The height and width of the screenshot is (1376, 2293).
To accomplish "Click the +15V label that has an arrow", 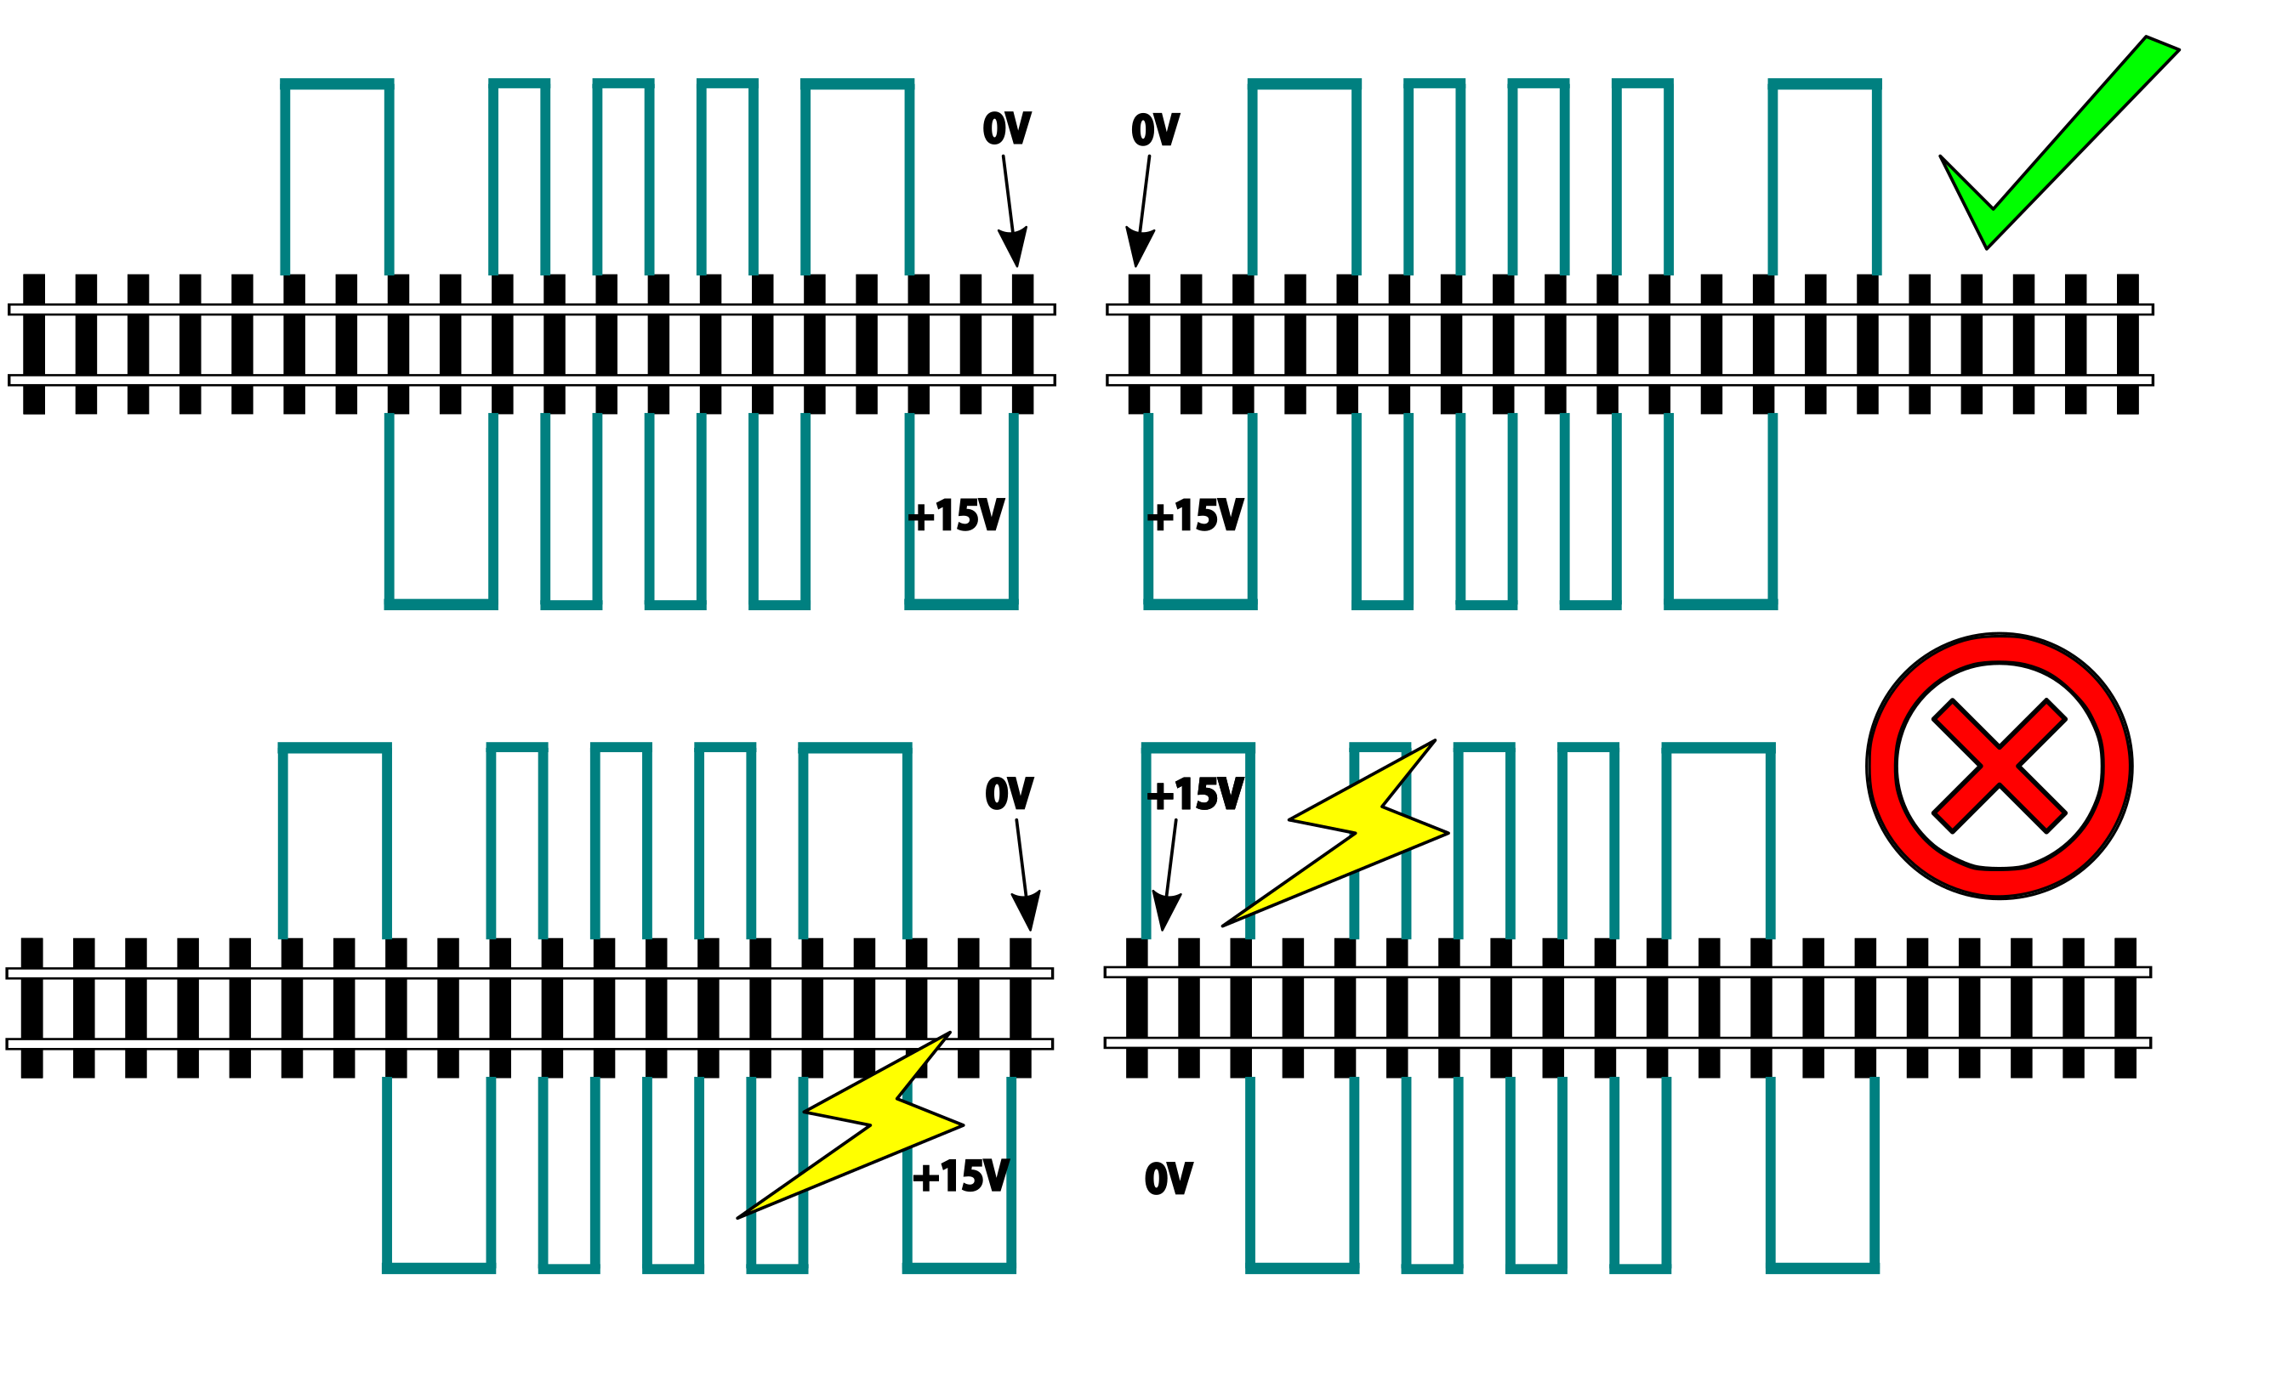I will (1195, 795).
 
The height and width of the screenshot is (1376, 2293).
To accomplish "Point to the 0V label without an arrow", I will (1168, 1179).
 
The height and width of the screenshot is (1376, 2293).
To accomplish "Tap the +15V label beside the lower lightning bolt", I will (960, 1176).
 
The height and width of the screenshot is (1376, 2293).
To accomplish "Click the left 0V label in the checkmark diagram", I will (1006, 129).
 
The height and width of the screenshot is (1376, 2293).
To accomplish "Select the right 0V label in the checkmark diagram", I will (1155, 130).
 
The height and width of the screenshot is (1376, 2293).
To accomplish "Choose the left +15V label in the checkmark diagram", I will (955, 516).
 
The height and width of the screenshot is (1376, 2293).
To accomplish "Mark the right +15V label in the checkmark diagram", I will (1195, 516).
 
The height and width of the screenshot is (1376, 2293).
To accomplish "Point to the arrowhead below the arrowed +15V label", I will (1165, 909).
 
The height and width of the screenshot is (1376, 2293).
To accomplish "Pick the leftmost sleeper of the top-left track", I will (33, 343).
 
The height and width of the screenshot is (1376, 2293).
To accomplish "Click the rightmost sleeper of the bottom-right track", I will (2125, 1008).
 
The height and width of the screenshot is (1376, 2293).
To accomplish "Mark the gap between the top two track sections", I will (1081, 344).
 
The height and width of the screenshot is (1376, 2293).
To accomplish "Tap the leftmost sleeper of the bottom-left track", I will (31, 1008).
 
